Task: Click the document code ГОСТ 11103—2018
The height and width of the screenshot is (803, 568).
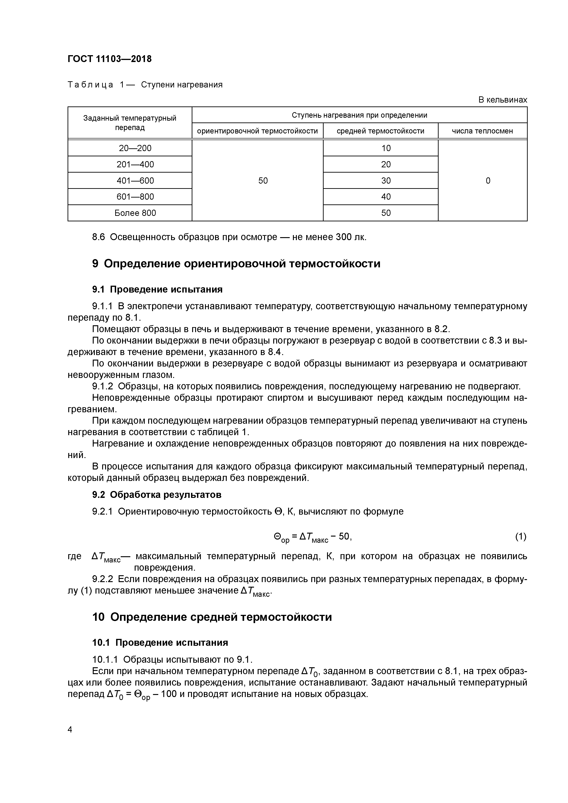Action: (109, 59)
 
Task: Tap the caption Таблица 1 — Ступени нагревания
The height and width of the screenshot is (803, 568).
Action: (145, 85)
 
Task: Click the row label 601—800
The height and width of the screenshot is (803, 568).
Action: (135, 197)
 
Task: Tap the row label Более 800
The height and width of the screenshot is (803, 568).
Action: (135, 213)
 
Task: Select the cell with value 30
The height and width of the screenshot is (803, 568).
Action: (386, 180)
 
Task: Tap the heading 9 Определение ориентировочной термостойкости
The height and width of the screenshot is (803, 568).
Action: (236, 263)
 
